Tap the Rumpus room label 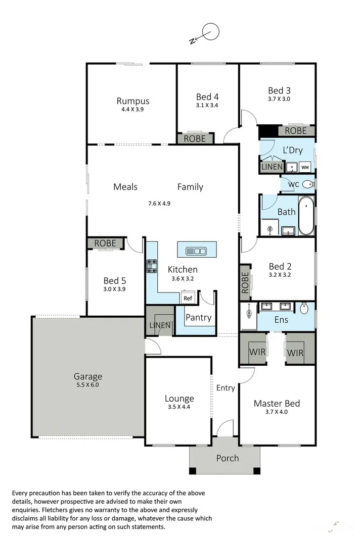pyautogui.click(x=133, y=101)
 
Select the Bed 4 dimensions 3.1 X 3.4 pyautogui.click(x=207, y=106)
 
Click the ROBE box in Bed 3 pyautogui.click(x=295, y=131)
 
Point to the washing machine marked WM pyautogui.click(x=305, y=167)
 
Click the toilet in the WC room pyautogui.click(x=308, y=185)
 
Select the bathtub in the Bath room pyautogui.click(x=306, y=216)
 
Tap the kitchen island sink pyautogui.click(x=196, y=251)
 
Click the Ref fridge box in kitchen pyautogui.click(x=188, y=298)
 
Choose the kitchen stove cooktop pyautogui.click(x=152, y=266)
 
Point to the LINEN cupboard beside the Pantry pyautogui.click(x=160, y=325)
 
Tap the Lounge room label pyautogui.click(x=179, y=399)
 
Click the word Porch pyautogui.click(x=227, y=458)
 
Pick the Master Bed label pyautogui.click(x=277, y=403)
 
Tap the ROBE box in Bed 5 pyautogui.click(x=105, y=243)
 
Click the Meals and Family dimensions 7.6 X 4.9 pyautogui.click(x=159, y=204)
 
